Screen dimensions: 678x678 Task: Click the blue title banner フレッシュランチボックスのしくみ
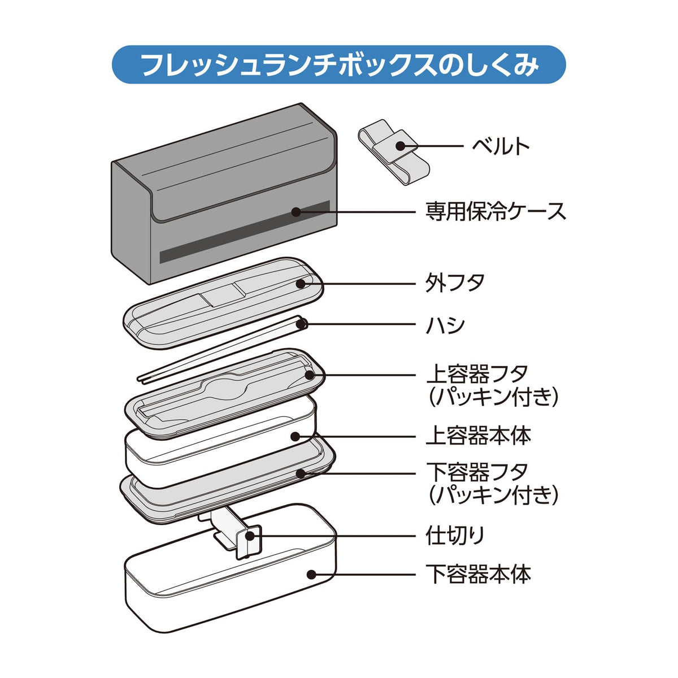tap(338, 64)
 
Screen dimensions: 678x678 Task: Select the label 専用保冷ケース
tap(496, 211)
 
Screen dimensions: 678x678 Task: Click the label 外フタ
tap(455, 282)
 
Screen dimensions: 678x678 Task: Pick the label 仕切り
tap(455, 536)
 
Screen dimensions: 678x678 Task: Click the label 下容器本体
tap(479, 574)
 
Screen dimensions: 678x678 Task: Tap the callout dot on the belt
tap(400, 145)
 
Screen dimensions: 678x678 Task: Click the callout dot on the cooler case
tap(296, 211)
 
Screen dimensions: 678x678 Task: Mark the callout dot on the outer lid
tap(301, 283)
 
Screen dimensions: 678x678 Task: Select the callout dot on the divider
tap(250, 536)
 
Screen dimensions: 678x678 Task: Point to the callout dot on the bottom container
tap(311, 574)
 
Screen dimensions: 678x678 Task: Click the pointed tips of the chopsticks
tap(141, 380)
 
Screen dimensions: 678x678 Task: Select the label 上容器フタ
tap(477, 374)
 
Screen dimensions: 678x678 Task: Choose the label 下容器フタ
tap(477, 472)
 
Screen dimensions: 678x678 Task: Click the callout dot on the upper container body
tap(295, 437)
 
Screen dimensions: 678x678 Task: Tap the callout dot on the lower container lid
tap(300, 473)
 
